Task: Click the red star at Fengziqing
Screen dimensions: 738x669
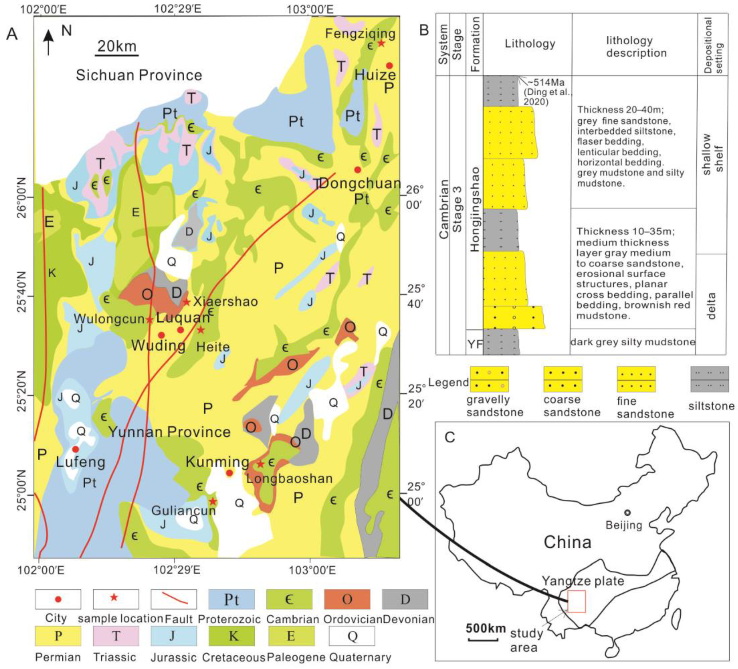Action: [x=381, y=43]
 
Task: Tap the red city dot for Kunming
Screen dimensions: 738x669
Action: [x=229, y=473]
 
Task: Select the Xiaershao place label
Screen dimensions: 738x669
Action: [x=225, y=301]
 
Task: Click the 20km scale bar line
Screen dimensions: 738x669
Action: [x=117, y=56]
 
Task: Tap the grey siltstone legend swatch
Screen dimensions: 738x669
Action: [x=709, y=379]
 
